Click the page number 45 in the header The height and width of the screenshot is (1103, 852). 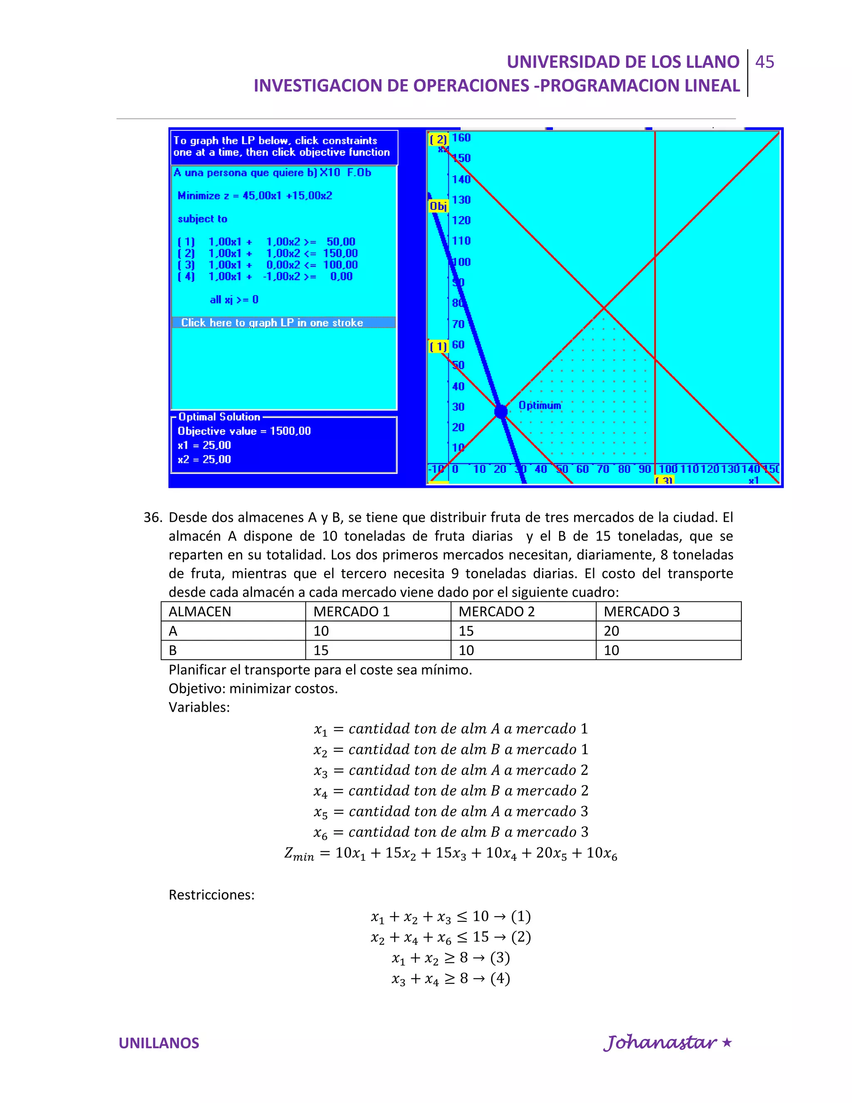coord(764,62)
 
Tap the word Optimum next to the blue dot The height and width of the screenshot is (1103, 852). coord(540,405)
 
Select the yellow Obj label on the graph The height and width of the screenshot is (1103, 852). coord(438,206)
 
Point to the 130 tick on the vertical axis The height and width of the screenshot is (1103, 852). coord(461,199)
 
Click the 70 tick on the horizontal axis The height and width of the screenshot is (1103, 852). coord(603,469)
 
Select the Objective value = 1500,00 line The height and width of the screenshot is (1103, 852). coord(244,431)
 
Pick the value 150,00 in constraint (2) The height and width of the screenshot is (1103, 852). coord(340,253)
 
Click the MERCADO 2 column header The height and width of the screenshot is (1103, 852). coord(496,611)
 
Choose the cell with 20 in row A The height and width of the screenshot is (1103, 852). coord(611,631)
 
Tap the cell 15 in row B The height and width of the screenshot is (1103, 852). coord(321,651)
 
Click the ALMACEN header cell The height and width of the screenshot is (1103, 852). coord(200,611)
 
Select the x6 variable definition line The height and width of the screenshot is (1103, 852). coord(450,832)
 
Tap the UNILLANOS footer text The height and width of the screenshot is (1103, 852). coord(159,1043)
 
